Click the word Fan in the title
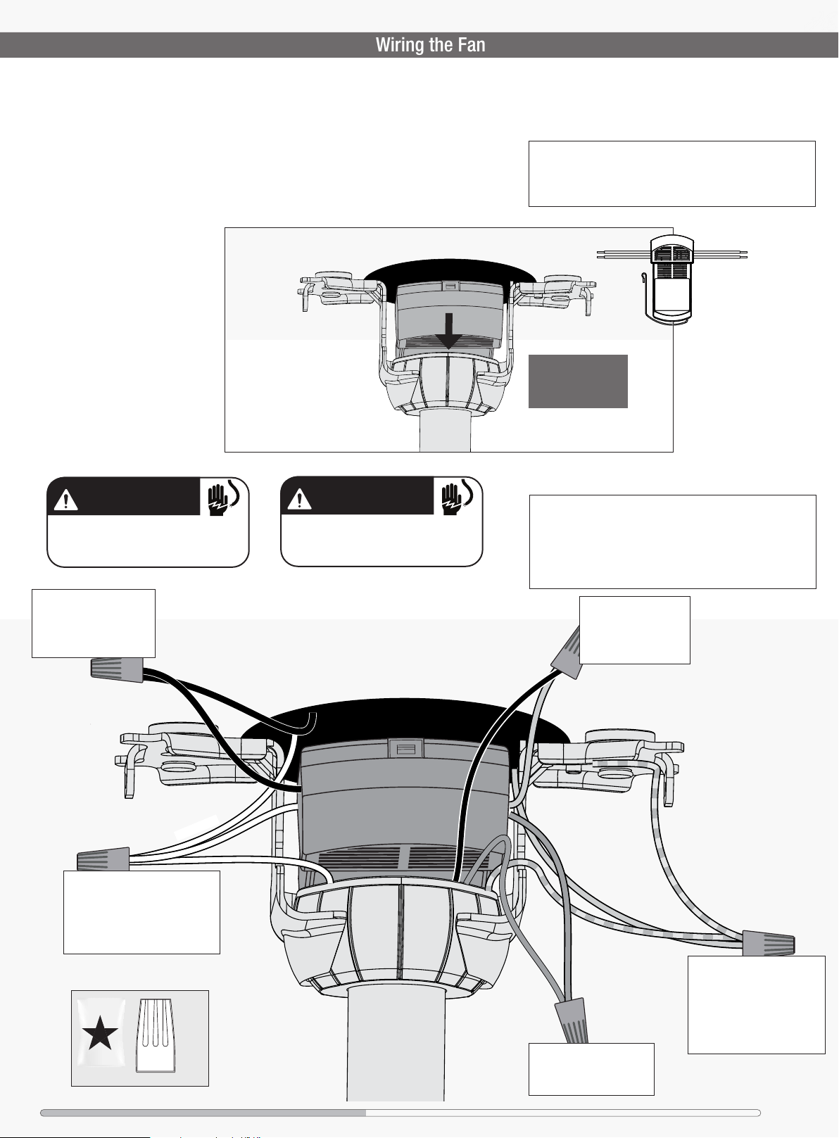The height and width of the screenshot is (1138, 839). (472, 45)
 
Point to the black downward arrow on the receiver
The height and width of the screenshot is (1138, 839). (449, 331)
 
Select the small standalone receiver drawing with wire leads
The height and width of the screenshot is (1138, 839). (671, 279)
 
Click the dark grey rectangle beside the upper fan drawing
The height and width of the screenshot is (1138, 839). (578, 381)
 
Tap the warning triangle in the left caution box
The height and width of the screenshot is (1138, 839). (65, 500)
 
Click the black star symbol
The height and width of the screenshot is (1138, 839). (100, 1033)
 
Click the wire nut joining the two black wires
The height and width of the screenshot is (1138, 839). (117, 670)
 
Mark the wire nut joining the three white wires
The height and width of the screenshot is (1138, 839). (103, 859)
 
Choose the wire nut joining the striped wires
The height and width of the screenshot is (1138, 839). (768, 943)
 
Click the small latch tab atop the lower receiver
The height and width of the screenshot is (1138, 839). (405, 748)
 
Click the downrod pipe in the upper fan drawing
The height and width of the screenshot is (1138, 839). (445, 431)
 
